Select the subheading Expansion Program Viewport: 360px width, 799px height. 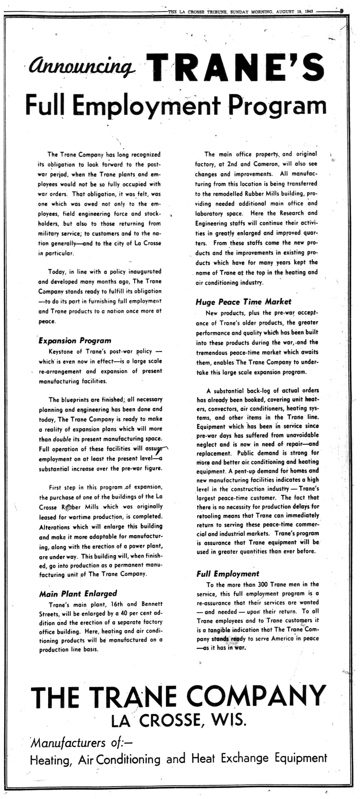pos(75,341)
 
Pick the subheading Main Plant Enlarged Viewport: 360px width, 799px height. pos(78,594)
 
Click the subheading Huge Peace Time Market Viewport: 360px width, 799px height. pos(243,302)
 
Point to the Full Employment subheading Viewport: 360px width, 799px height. pos(228,574)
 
